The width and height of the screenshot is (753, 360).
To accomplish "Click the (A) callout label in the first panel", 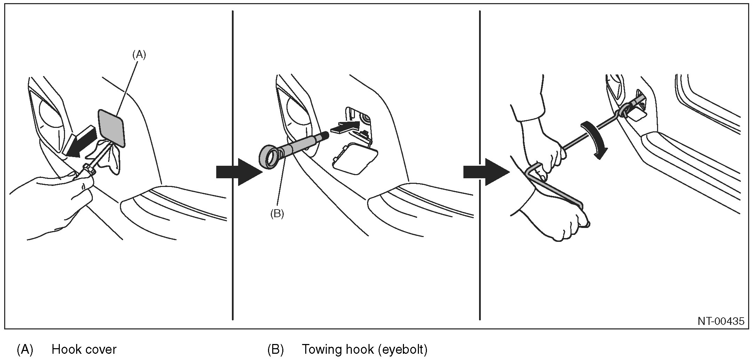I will coord(138,55).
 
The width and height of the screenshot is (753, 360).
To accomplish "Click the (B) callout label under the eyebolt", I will coord(277,214).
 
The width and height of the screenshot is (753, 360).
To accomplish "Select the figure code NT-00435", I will coord(721,321).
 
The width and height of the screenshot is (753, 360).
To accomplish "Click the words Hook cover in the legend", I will coord(84,349).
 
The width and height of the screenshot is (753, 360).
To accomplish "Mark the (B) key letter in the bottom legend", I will coord(275,349).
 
